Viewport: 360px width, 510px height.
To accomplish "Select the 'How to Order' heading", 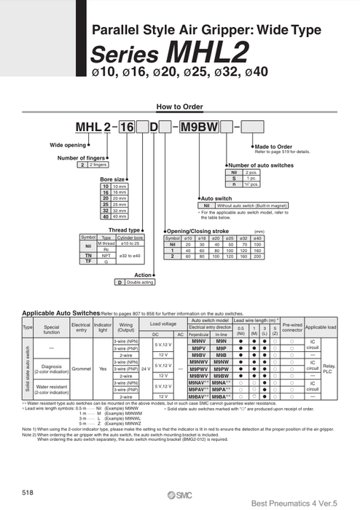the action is (179, 106).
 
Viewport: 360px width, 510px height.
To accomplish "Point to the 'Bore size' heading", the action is (113, 178).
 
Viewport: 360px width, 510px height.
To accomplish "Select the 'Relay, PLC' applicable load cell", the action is (329, 369).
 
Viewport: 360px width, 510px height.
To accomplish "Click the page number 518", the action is (28, 493).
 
